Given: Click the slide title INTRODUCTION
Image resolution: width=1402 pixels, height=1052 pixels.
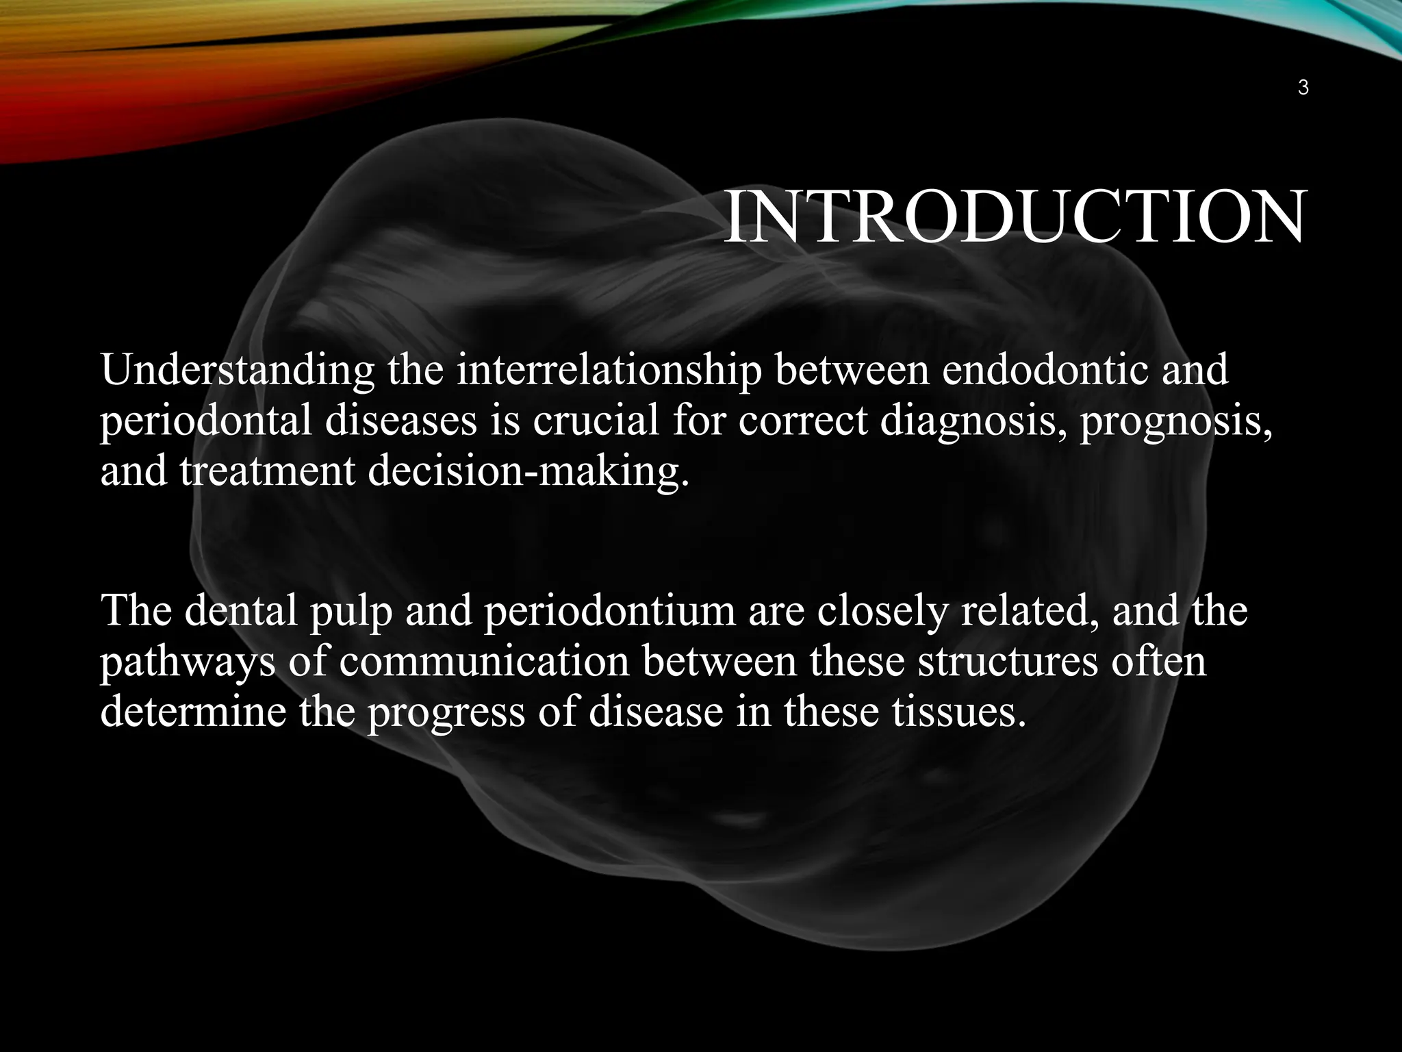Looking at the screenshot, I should click(1013, 218).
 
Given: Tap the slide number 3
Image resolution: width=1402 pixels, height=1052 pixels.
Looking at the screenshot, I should click(1303, 88).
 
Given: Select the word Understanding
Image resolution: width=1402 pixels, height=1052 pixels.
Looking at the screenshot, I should click(237, 371).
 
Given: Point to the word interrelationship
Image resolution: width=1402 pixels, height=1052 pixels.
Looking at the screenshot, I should click(609, 371).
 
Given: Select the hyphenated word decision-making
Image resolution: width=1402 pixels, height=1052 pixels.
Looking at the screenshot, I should click(528, 473).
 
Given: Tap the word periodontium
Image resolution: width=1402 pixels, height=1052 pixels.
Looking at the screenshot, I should click(609, 612).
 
